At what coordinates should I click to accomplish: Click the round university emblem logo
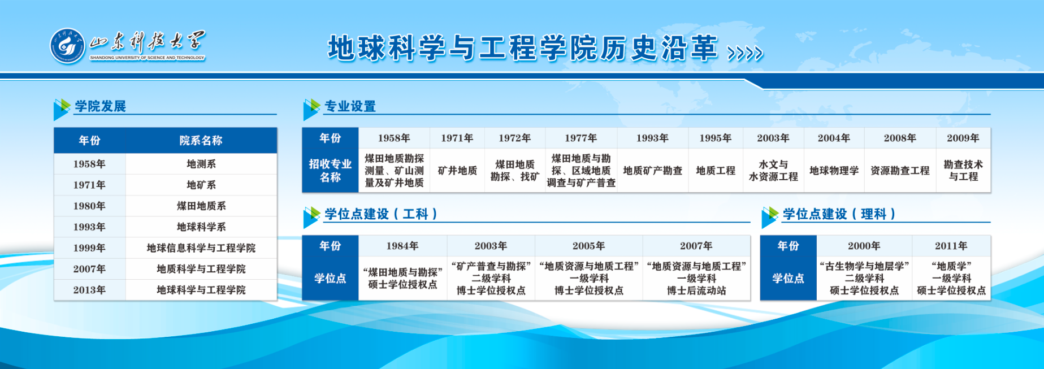point(67,46)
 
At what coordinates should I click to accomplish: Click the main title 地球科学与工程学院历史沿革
point(523,48)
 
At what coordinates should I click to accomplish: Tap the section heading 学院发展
point(101,106)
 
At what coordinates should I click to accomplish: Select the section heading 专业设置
point(350,106)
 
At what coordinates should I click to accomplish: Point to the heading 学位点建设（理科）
point(839,214)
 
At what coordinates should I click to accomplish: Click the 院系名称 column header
point(201,141)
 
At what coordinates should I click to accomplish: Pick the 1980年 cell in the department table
point(89,206)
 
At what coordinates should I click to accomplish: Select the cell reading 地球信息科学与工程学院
point(201,248)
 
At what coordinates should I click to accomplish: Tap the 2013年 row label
point(89,290)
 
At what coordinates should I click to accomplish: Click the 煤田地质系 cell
point(201,206)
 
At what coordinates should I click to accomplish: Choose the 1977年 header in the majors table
point(581,138)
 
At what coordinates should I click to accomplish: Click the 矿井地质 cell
point(457,171)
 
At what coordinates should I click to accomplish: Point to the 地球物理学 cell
point(834,171)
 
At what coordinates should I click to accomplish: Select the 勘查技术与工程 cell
point(963,171)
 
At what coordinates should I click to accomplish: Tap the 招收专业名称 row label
point(330,171)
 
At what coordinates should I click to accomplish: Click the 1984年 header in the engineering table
point(402,246)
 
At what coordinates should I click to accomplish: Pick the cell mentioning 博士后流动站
point(696,279)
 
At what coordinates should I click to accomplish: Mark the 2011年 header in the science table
point(951,246)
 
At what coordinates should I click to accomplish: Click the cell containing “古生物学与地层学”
point(864,279)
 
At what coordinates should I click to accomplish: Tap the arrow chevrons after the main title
point(745,53)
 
